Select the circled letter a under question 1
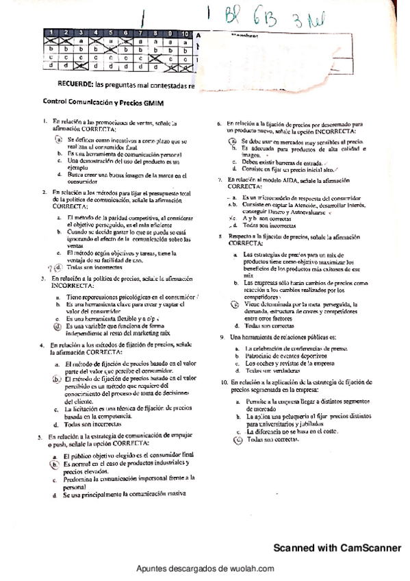(60, 138)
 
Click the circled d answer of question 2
(59, 267)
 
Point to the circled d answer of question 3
(59, 327)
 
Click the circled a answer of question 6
(233, 140)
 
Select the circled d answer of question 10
(238, 441)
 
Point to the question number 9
(222, 337)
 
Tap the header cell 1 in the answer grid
(51, 33)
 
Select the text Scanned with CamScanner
(337, 547)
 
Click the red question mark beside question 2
(50, 267)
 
